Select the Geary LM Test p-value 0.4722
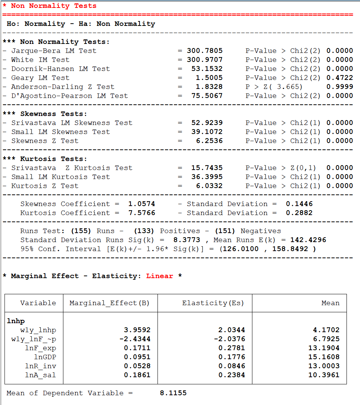coord(339,78)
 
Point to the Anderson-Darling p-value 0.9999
coord(339,87)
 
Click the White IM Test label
coord(40,60)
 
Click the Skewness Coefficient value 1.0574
coord(141,204)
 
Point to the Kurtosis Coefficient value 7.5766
coord(141,213)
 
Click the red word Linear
coord(159,276)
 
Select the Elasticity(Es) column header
coord(213,303)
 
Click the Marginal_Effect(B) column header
coord(109,303)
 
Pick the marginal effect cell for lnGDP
coord(137,357)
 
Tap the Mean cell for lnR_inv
coord(326,366)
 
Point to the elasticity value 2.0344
coord(232,330)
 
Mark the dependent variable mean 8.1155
coord(173,393)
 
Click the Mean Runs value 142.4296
coord(308,240)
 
